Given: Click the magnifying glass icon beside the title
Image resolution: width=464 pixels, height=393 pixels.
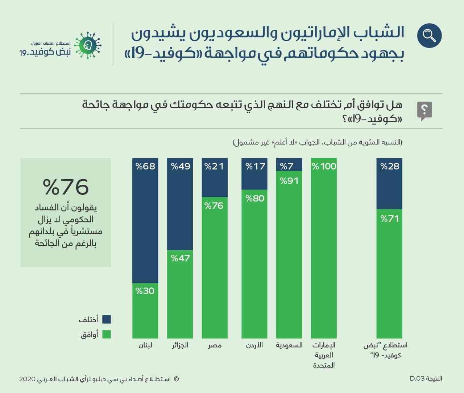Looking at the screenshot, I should (429, 35).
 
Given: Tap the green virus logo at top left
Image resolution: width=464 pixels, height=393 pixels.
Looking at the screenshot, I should (87, 45).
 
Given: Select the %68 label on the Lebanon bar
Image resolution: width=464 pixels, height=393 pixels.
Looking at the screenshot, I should (145, 166).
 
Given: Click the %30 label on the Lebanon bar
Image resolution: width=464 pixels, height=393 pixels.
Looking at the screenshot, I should (145, 291).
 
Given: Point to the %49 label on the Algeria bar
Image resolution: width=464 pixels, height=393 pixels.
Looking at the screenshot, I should (180, 166).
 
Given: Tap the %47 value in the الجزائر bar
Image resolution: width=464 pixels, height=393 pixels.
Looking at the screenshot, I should (180, 258).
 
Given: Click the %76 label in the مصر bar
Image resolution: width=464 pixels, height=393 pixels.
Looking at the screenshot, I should (214, 205).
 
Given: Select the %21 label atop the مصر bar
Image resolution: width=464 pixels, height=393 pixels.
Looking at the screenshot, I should (214, 166).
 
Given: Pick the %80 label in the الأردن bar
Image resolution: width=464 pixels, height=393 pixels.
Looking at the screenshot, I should (255, 198).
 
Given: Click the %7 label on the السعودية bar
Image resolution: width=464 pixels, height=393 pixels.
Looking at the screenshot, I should (287, 166).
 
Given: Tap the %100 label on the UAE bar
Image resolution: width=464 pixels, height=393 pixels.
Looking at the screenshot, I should (324, 166).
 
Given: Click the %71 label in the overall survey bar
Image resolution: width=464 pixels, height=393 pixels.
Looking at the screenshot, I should (390, 218).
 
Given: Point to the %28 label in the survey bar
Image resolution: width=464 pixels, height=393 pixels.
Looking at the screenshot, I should (390, 166).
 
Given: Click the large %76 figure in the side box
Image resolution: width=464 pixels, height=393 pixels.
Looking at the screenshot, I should (66, 187).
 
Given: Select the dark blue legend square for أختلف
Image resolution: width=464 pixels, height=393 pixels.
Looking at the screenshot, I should (106, 319).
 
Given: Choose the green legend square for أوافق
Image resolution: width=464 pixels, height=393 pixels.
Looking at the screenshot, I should (106, 334).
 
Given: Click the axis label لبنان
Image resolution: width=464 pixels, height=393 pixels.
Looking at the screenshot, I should (145, 345).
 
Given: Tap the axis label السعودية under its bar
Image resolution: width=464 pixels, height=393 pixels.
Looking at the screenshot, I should (289, 345).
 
